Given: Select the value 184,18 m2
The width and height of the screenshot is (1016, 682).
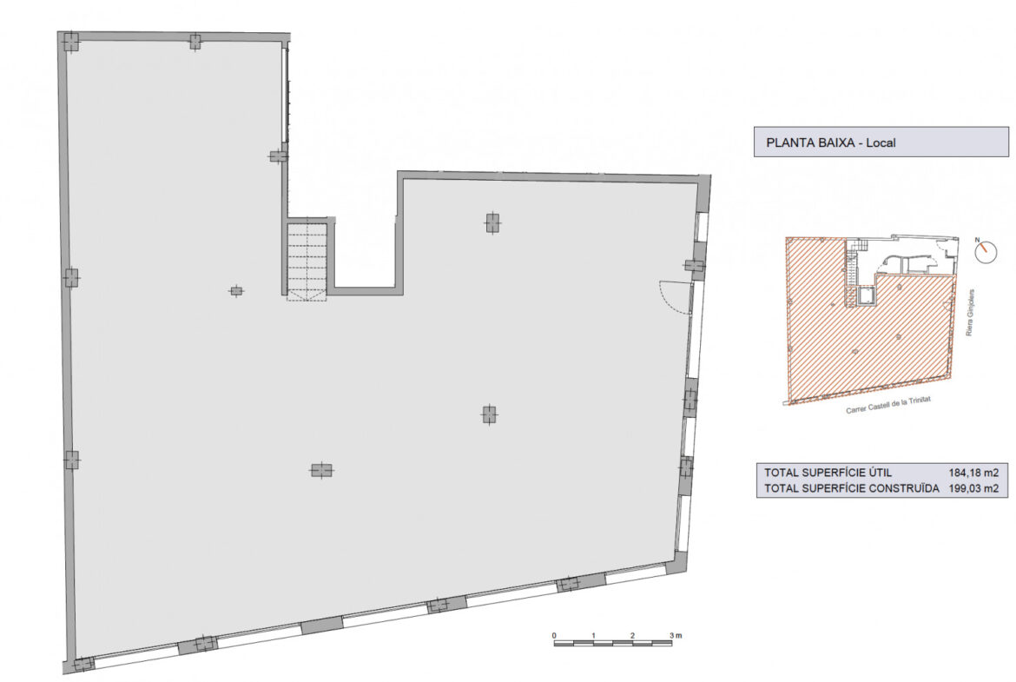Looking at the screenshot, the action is pyautogui.click(x=973, y=473).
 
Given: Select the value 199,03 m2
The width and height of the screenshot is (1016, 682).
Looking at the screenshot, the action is pyautogui.click(x=973, y=488).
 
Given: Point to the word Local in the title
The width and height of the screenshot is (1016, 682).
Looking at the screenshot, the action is pyautogui.click(x=881, y=142).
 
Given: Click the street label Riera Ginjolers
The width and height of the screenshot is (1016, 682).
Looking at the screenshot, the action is pyautogui.click(x=970, y=313).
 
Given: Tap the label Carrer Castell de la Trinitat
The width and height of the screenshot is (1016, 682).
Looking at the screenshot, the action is pyautogui.click(x=888, y=405).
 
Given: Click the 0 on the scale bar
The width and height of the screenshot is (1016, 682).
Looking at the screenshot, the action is pyautogui.click(x=554, y=635).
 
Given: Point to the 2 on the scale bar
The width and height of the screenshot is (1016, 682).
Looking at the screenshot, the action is pyautogui.click(x=632, y=635).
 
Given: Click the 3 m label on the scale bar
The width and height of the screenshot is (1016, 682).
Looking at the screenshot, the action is pyautogui.click(x=676, y=635).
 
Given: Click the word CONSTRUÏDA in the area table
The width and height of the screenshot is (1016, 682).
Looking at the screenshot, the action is pyautogui.click(x=902, y=488).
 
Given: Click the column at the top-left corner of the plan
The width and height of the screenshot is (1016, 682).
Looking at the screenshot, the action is pyautogui.click(x=70, y=43).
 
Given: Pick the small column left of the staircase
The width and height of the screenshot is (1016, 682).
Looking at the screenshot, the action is pyautogui.click(x=236, y=291).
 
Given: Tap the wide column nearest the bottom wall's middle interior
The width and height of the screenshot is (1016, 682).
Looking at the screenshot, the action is pyautogui.click(x=321, y=470).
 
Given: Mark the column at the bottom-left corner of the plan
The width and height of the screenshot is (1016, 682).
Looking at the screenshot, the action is pyautogui.click(x=83, y=665).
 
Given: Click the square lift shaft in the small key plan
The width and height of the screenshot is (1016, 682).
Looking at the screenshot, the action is pyautogui.click(x=866, y=297).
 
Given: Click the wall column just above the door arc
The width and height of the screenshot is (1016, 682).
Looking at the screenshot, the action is pyautogui.click(x=695, y=265).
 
